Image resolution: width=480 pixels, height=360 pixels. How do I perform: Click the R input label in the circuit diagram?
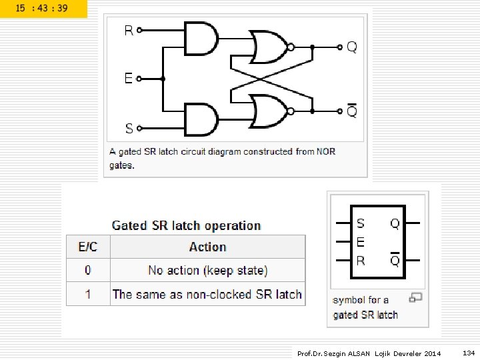129,30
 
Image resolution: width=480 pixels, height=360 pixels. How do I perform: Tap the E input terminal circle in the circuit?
139,79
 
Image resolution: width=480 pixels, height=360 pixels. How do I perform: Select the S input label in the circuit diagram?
129,128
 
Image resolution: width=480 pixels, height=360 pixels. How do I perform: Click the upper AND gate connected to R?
201,39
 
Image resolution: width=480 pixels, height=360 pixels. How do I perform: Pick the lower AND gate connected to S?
201,119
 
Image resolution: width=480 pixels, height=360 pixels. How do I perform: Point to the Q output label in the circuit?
352,47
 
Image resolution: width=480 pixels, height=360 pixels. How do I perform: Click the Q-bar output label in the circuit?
352,111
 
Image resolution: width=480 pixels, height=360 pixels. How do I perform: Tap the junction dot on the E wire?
163,79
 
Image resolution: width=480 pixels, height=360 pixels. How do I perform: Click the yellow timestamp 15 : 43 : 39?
41,8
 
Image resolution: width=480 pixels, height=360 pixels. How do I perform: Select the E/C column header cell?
88,247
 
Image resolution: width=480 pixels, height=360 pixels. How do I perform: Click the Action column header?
208,247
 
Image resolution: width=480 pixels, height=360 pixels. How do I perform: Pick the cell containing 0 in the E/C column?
88,270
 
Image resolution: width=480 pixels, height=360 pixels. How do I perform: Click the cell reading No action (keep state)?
208,270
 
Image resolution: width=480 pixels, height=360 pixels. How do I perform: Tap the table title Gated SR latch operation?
186,225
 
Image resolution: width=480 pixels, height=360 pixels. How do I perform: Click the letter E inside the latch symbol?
361,242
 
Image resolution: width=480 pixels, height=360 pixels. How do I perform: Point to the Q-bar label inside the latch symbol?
395,259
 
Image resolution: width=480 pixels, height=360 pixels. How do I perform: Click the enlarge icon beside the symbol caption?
415,297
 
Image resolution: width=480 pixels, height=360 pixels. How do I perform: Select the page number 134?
469,353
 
